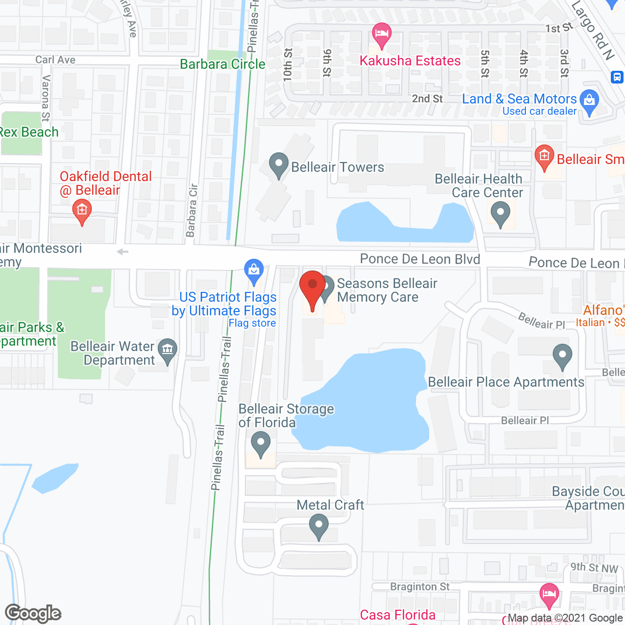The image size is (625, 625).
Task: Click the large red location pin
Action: click(312, 288)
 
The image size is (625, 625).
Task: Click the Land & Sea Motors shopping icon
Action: click(589, 101)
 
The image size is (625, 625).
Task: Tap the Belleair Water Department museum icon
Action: click(167, 350)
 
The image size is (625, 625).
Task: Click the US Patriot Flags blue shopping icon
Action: click(253, 270)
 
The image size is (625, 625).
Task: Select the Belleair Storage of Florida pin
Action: click(260, 445)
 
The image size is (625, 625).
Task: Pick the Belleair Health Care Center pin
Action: click(500, 214)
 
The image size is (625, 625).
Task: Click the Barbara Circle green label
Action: click(223, 64)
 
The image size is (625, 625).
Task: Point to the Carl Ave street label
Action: click(55, 60)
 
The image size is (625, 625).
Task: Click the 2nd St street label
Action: click(427, 99)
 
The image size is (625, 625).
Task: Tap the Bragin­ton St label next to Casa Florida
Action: click(419, 586)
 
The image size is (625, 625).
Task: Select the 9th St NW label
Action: click(594, 567)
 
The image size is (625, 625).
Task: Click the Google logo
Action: click(33, 613)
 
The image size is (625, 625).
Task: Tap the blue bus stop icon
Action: click(617, 77)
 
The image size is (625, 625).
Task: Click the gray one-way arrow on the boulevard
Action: click(123, 252)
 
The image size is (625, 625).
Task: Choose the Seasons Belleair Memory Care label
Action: click(387, 290)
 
